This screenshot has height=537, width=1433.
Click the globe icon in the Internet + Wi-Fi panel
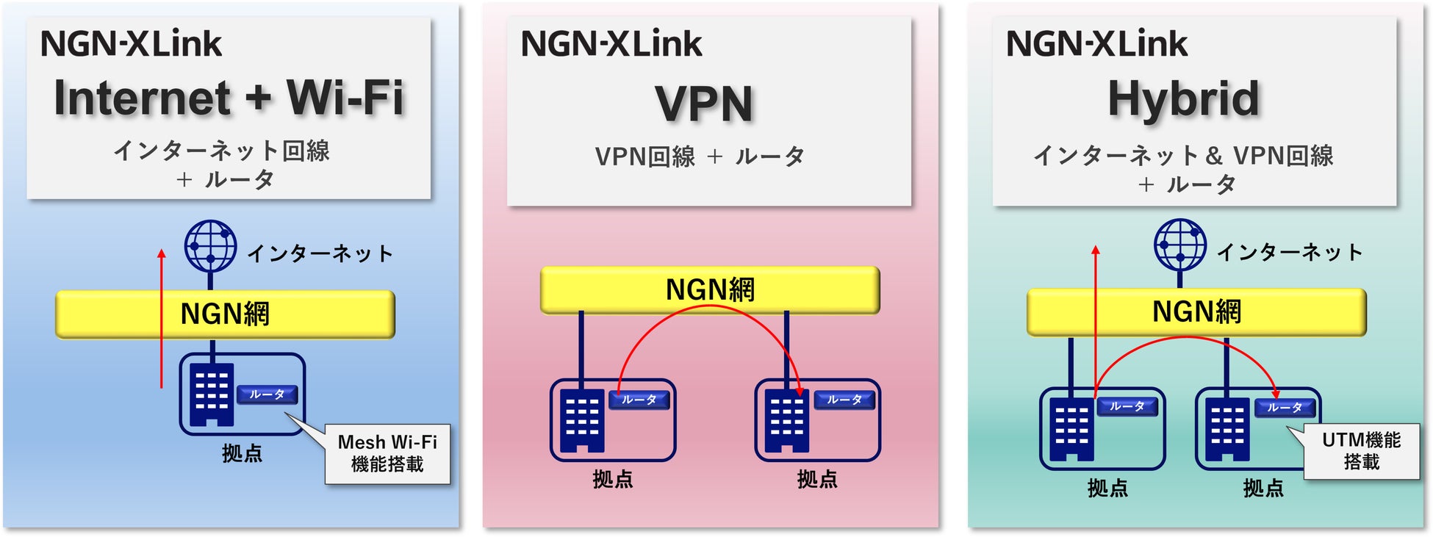(210, 246)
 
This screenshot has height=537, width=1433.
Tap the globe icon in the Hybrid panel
(1179, 245)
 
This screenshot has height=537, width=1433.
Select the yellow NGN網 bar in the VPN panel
(709, 289)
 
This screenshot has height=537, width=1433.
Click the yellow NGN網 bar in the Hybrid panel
(1196, 311)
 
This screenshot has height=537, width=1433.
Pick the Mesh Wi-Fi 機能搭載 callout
(387, 453)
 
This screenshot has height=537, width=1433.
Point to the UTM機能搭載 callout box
(1361, 450)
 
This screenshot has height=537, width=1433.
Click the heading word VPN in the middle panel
(704, 104)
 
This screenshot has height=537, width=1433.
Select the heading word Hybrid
(1183, 99)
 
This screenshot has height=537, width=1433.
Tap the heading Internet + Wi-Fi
(229, 98)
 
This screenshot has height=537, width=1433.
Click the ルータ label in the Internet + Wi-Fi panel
(267, 394)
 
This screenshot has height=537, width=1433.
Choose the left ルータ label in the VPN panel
(639, 400)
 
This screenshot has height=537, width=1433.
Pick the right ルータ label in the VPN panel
(844, 400)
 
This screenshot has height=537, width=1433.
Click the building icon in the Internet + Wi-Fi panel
(212, 394)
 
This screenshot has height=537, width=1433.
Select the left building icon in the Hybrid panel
(1071, 429)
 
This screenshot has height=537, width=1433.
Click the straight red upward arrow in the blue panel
(162, 316)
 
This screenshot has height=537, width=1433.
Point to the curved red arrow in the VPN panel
(709, 309)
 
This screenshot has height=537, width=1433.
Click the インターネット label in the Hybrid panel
(1290, 253)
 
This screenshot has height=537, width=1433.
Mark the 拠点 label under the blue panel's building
(242, 453)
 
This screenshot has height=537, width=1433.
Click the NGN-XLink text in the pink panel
(611, 43)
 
